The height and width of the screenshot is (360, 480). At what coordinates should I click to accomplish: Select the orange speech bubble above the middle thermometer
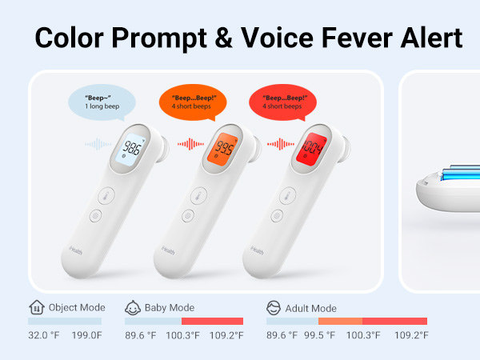point(192,101)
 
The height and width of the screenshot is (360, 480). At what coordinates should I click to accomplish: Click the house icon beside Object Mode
point(35,307)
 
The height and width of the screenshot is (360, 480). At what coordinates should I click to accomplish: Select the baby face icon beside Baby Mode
point(132,307)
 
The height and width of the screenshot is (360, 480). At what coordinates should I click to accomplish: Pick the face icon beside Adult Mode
point(274,307)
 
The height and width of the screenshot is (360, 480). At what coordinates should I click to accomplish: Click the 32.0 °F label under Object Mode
point(45,336)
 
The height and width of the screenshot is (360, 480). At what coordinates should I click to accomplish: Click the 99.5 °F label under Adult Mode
point(320,336)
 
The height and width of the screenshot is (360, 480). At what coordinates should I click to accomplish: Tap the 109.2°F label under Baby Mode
point(226,336)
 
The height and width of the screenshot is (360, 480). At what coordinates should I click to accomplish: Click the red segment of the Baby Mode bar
point(212,321)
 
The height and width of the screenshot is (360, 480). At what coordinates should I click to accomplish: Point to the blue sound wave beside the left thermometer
point(96,145)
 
